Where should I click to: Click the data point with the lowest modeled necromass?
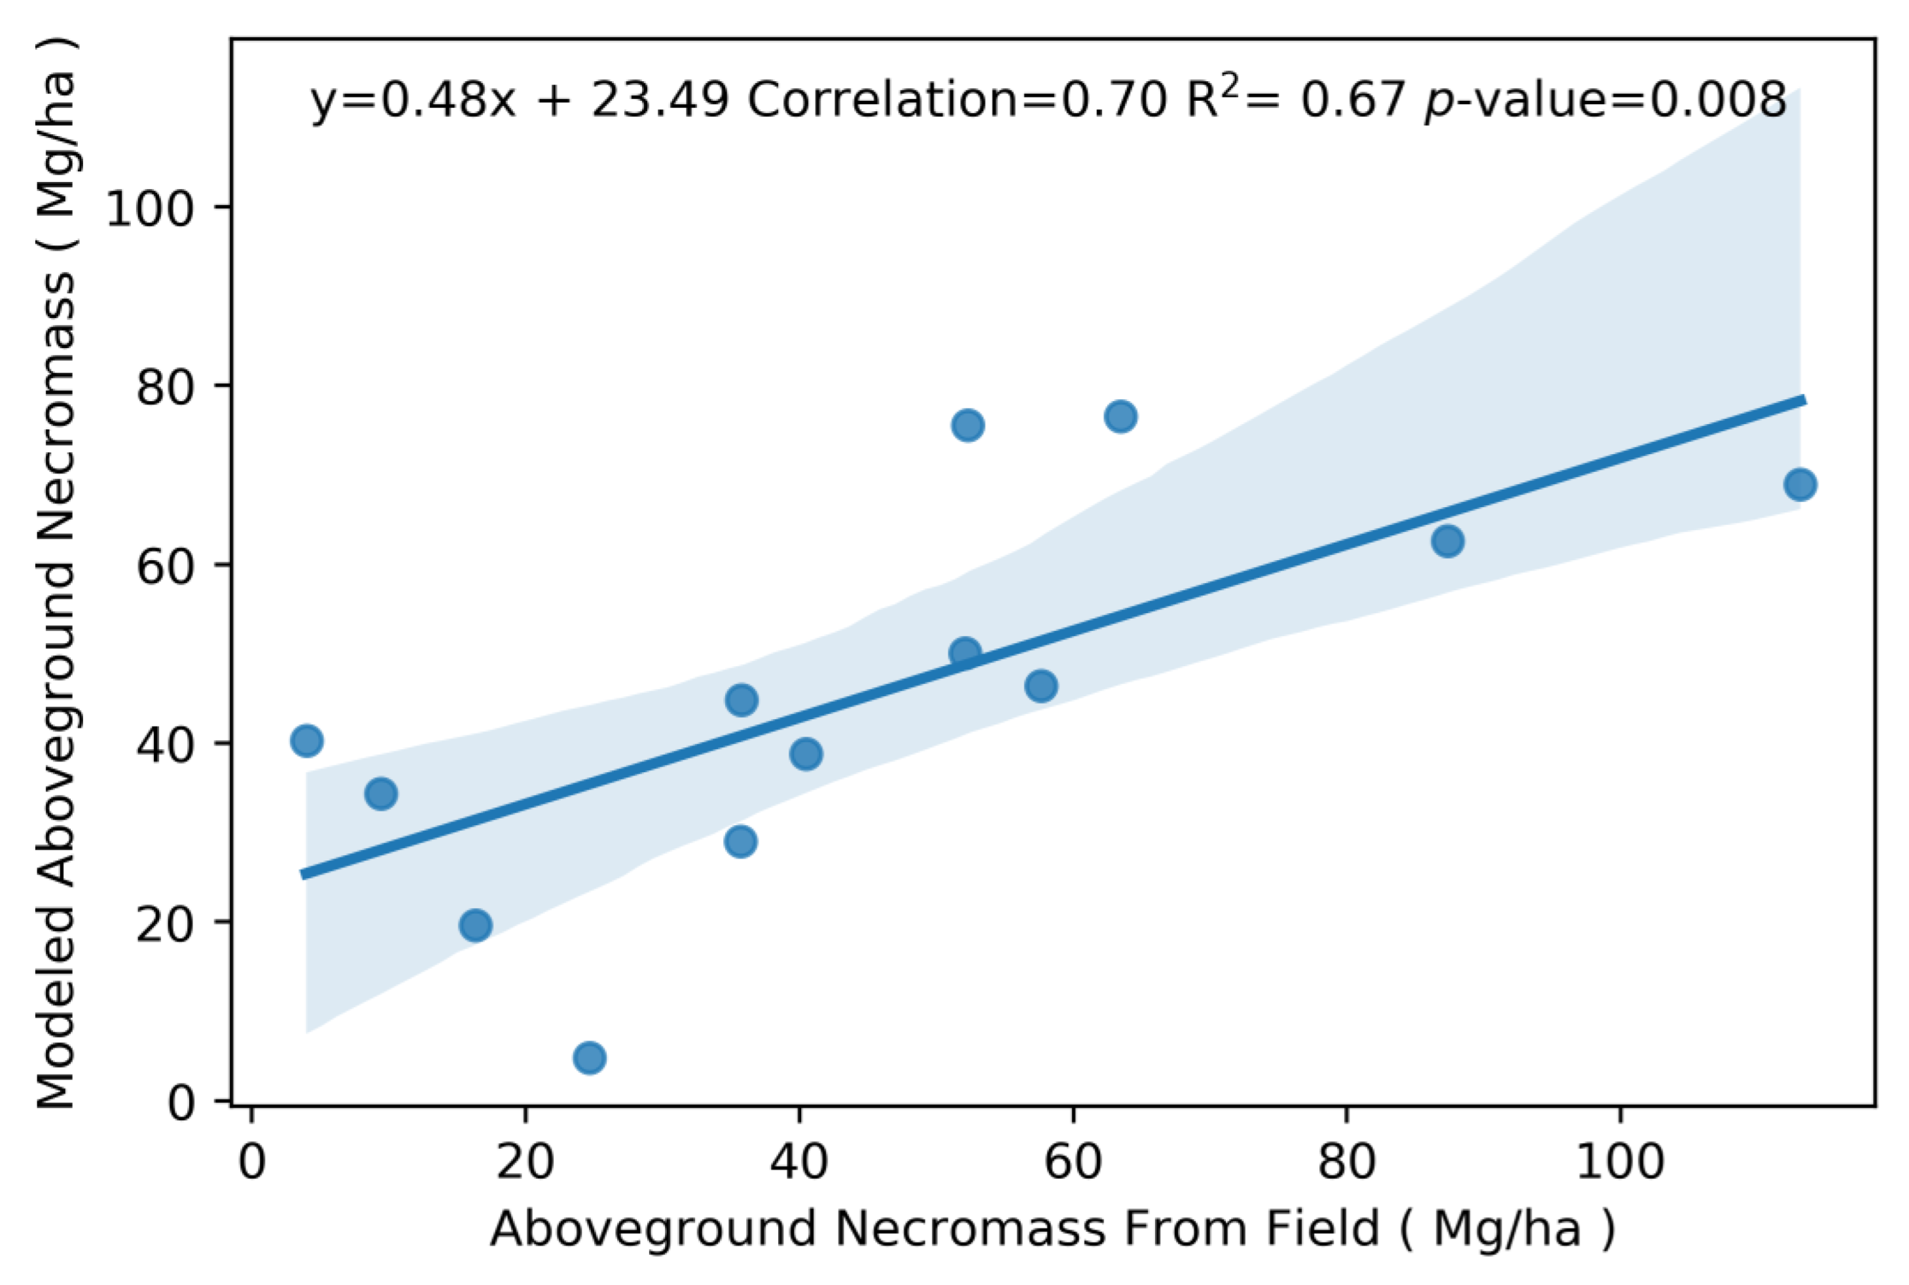[590, 1058]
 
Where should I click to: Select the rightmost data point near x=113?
[1800, 484]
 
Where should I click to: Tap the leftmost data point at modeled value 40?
[306, 741]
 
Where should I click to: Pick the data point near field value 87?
[1448, 541]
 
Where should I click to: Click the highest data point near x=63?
[1120, 416]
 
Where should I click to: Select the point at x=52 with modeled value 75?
[968, 425]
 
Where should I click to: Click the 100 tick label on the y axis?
[150, 208]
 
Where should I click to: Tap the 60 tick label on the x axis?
[1072, 1162]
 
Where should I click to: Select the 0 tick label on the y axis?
[181, 1103]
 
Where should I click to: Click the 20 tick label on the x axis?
[525, 1162]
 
